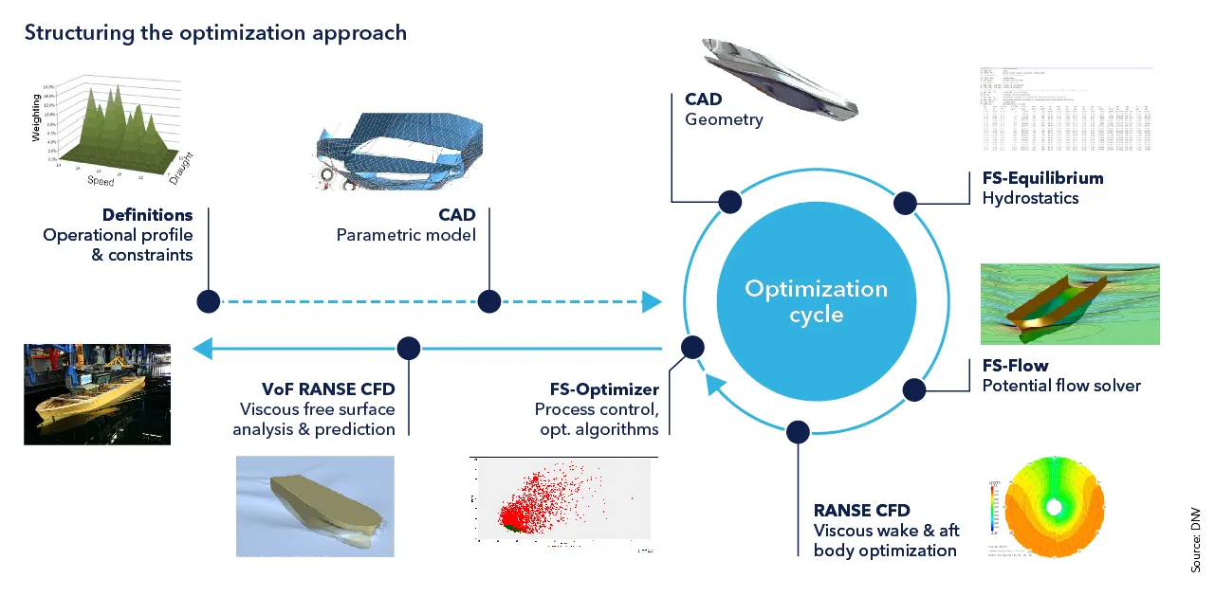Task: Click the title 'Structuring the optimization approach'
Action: click(215, 32)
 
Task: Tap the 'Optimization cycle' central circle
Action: click(816, 301)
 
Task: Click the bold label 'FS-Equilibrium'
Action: click(1042, 178)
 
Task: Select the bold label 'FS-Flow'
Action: click(1015, 366)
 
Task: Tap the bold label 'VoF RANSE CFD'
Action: click(328, 389)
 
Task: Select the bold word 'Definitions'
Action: click(147, 215)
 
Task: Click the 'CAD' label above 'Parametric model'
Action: click(456, 215)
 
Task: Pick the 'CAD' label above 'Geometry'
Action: click(703, 99)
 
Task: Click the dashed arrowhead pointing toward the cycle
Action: click(652, 302)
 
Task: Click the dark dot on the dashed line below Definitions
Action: click(208, 302)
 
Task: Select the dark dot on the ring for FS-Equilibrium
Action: click(904, 203)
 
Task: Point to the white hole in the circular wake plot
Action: click(1053, 507)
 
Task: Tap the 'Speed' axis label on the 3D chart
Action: click(101, 180)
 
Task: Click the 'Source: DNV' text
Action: click(1196, 539)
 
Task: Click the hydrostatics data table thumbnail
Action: click(1065, 110)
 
